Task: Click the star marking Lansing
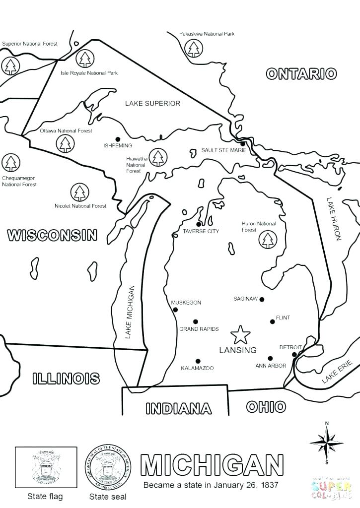(x=241, y=335)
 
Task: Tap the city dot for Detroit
(x=294, y=354)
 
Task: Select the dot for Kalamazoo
(x=198, y=361)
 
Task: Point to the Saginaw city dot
(x=262, y=299)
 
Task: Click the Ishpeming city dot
(x=118, y=139)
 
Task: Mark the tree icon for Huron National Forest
(x=268, y=240)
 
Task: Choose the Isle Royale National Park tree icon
(x=85, y=59)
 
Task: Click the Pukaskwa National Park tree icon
(x=193, y=49)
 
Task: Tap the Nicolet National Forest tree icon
(x=79, y=192)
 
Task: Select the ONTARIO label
(x=301, y=74)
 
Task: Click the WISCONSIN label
(x=52, y=235)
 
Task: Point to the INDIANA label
(x=179, y=409)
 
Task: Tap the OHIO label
(x=266, y=407)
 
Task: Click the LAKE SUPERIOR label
(x=152, y=104)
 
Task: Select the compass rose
(x=326, y=441)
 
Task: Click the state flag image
(x=46, y=467)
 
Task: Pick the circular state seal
(x=108, y=467)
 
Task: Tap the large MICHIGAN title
(x=212, y=465)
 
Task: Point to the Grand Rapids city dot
(x=196, y=321)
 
